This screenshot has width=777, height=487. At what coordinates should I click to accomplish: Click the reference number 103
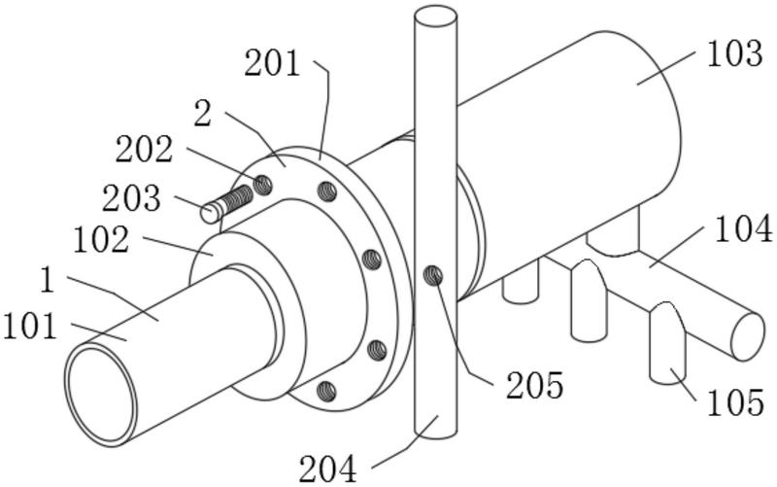tap(734, 53)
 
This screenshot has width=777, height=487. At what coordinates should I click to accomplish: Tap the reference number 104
tap(743, 228)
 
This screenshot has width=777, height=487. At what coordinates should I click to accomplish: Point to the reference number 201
tap(272, 63)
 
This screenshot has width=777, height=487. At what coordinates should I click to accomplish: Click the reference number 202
tap(144, 150)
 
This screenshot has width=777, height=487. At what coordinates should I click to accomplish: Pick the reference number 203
tap(131, 198)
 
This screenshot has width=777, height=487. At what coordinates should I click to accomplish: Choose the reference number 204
tap(327, 470)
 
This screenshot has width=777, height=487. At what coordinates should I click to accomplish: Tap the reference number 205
tap(535, 385)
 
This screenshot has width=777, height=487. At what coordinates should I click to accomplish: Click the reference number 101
tap(30, 328)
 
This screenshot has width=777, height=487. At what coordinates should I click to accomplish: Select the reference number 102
tap(102, 239)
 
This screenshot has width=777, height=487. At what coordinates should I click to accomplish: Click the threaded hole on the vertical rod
tap(433, 275)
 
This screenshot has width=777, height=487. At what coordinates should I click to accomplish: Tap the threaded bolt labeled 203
tap(226, 204)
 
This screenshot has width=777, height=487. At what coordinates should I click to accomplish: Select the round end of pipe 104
tap(748, 336)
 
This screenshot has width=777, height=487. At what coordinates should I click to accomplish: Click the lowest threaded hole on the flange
tap(325, 392)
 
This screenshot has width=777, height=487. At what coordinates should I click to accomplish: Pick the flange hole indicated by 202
tap(262, 185)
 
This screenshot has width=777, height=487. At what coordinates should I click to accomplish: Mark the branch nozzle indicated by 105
tap(667, 342)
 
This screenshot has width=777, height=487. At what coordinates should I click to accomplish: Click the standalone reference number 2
tap(203, 113)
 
